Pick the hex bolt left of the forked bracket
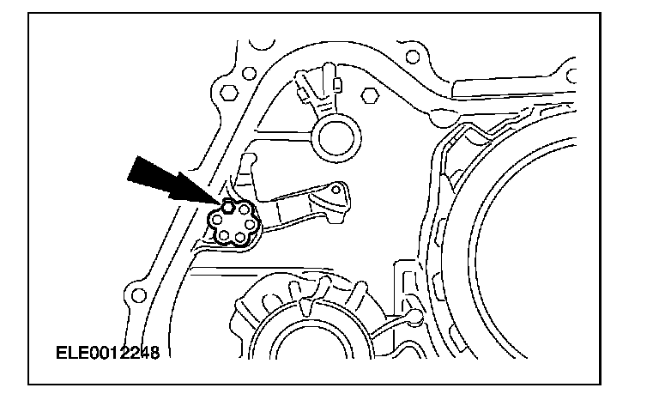pyautogui.click(x=227, y=92)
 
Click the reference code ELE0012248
pyautogui.click(x=108, y=352)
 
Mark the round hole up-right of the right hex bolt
pyautogui.click(x=413, y=57)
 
